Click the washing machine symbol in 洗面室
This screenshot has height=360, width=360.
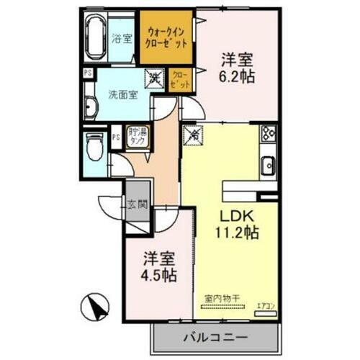tap(155, 76)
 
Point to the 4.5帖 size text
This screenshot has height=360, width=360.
tap(159, 274)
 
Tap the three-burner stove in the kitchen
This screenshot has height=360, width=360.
tap(269, 134)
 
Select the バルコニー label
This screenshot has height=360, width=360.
tap(215, 336)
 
